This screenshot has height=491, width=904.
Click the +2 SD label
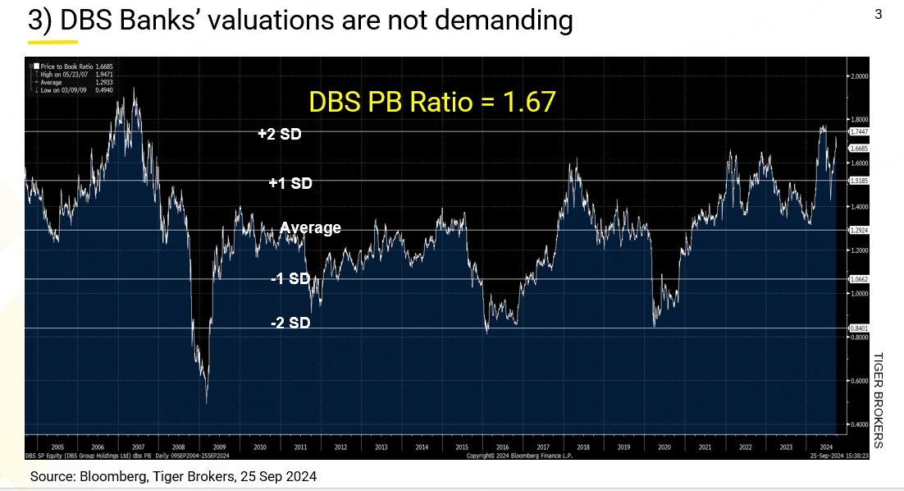click(279, 134)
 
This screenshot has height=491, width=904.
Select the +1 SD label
click(290, 184)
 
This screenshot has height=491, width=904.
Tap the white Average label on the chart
click(310, 227)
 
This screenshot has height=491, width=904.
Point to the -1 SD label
click(290, 279)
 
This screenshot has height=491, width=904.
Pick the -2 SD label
click(290, 324)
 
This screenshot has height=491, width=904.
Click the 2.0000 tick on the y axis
click(861, 76)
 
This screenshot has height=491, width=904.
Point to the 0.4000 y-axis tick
click(861, 424)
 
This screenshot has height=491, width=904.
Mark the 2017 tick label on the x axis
click(542, 447)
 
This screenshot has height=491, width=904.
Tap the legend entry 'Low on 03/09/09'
click(63, 89)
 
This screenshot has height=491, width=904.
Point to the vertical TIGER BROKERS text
click(877, 400)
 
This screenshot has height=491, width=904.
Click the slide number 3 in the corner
click(878, 14)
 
